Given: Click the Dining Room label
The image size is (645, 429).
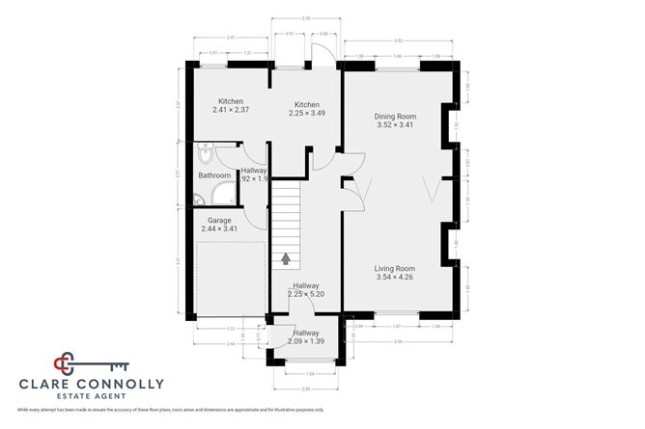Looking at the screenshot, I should click(x=401, y=116).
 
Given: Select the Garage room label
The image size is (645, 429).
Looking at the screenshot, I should click(x=218, y=220).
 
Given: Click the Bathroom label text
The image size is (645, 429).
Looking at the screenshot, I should click(x=214, y=175).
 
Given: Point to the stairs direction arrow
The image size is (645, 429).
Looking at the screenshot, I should click(x=286, y=257).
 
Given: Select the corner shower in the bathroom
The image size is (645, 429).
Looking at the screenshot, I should click(x=200, y=200).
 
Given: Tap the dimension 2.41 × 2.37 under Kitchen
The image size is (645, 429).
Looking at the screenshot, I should click(x=231, y=110).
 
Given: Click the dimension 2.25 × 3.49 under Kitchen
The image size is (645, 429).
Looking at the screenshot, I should click(x=307, y=113).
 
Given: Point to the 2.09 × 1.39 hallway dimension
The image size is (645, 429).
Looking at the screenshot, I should click(x=306, y=341).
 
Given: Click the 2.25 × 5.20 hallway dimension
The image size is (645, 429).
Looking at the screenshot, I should click(x=306, y=294).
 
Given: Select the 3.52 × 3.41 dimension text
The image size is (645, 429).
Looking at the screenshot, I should click(x=401, y=125).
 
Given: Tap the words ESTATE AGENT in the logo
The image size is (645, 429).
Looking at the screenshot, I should click(x=93, y=396).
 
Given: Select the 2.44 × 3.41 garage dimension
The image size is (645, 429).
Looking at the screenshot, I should click(x=218, y=228).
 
